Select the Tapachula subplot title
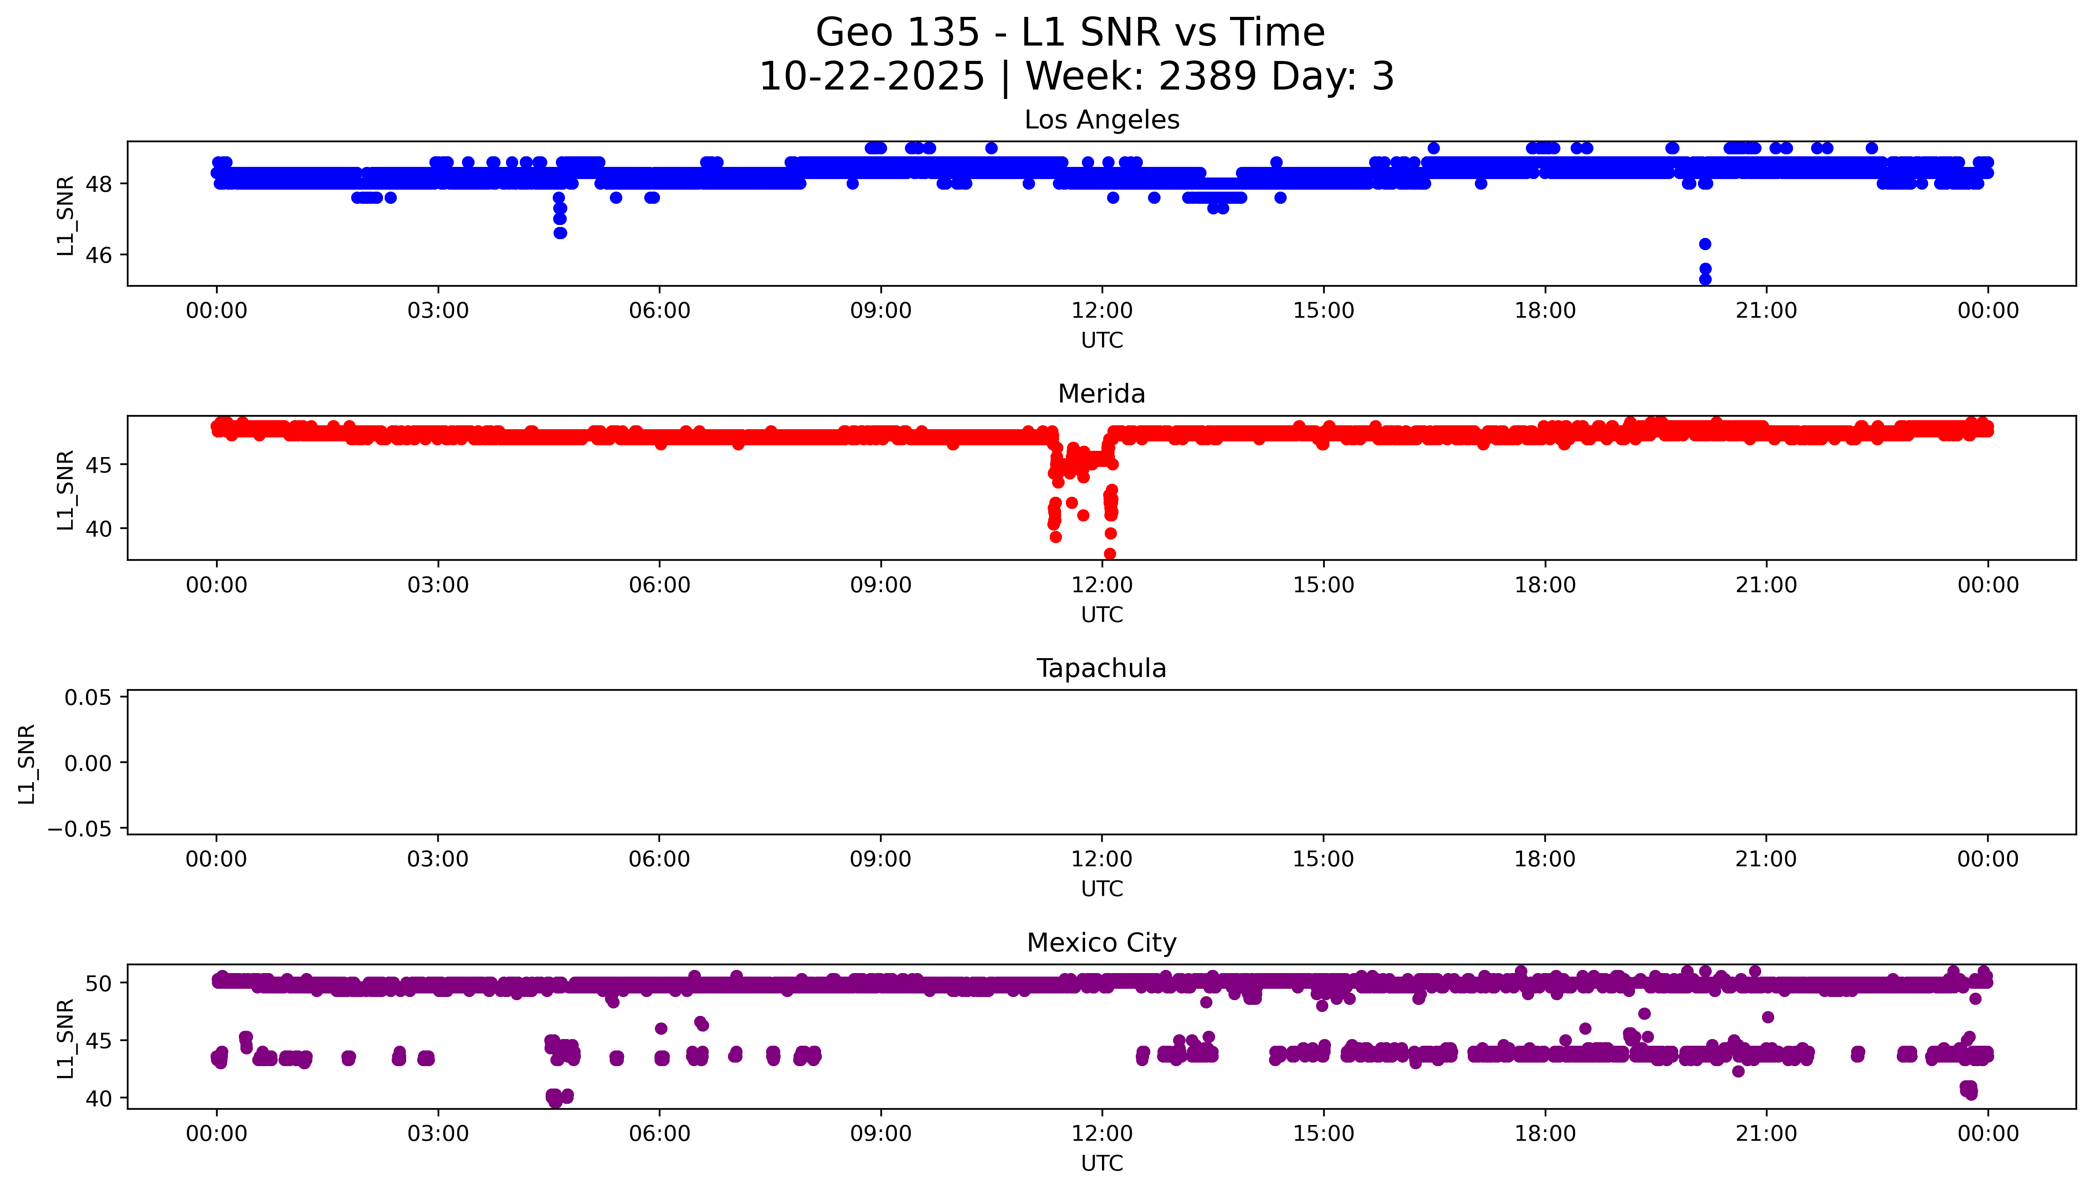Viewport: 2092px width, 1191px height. click(x=1101, y=668)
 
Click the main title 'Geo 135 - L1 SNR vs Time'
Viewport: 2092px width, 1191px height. click(x=1070, y=33)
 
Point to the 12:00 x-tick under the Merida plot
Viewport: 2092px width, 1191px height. click(x=1102, y=585)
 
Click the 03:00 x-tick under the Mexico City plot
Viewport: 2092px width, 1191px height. click(x=438, y=1134)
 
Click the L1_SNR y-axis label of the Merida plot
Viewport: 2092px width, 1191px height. click(x=66, y=489)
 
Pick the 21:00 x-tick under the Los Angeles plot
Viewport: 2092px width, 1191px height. click(x=1766, y=311)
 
